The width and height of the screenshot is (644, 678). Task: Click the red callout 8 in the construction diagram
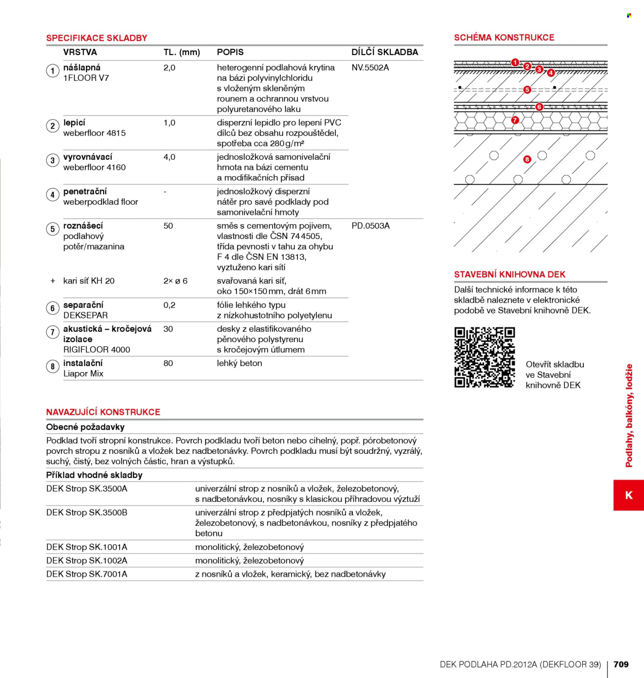[x=527, y=159]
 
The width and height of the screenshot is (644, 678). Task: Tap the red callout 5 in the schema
[x=527, y=90]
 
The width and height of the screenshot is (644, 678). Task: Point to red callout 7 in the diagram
[x=515, y=120]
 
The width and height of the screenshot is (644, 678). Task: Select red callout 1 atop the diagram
[x=515, y=62]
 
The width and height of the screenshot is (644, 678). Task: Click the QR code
[x=484, y=357]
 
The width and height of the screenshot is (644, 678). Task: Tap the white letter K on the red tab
[x=629, y=495]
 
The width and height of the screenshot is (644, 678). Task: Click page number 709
[x=621, y=664]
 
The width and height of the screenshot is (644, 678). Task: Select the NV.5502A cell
[x=370, y=67]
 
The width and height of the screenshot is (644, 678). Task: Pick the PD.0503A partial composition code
[x=370, y=226]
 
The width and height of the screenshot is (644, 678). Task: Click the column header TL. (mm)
[x=182, y=53]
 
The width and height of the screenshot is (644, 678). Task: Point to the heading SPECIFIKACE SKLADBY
[x=96, y=38]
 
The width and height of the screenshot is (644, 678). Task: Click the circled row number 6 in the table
[x=53, y=308]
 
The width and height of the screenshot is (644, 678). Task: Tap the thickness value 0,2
[x=170, y=305]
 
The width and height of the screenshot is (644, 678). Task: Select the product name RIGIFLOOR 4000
[x=96, y=350]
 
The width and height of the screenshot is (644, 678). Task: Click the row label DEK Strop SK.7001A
[x=87, y=574]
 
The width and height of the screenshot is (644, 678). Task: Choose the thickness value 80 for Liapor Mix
[x=168, y=363]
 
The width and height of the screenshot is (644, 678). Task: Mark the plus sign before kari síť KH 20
[x=53, y=281]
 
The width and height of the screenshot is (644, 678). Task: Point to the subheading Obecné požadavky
[x=85, y=427]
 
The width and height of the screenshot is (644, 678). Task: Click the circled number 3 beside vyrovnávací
[x=53, y=160]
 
